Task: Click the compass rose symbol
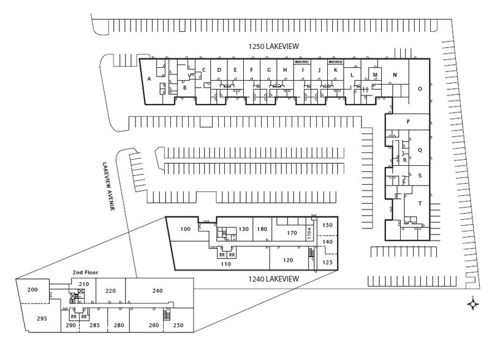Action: (473, 303)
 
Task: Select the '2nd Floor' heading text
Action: (86, 272)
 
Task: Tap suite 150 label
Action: (328, 225)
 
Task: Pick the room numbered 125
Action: (327, 263)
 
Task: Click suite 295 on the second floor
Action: (42, 318)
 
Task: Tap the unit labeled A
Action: (149, 78)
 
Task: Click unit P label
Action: (407, 122)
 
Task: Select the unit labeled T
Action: (420, 203)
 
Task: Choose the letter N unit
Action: (395, 75)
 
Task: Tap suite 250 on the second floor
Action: (178, 325)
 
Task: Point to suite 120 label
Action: (289, 260)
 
